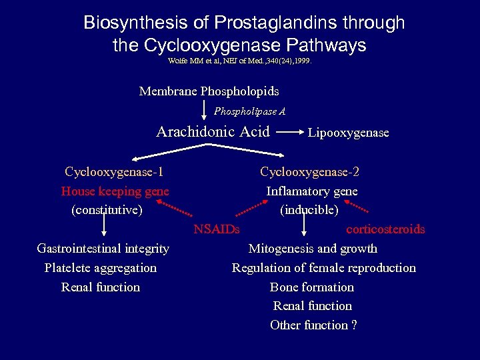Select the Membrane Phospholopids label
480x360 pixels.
[209, 91]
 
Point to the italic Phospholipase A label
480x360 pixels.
[250, 111]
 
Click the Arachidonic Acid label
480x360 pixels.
[213, 132]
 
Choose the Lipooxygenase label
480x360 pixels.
[348, 133]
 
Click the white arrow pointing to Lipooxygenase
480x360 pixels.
[289, 132]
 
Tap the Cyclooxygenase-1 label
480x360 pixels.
[115, 172]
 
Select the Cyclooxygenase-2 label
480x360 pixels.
[309, 172]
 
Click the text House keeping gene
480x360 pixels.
[115, 191]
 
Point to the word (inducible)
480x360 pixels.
[309, 210]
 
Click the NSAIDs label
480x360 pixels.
[217, 230]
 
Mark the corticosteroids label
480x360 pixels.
[385, 229]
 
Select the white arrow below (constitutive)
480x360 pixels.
[104, 228]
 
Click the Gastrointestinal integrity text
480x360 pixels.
[103, 249]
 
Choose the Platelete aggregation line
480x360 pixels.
[101, 268]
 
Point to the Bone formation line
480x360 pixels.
[311, 287]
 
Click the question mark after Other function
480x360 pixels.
[354, 325]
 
